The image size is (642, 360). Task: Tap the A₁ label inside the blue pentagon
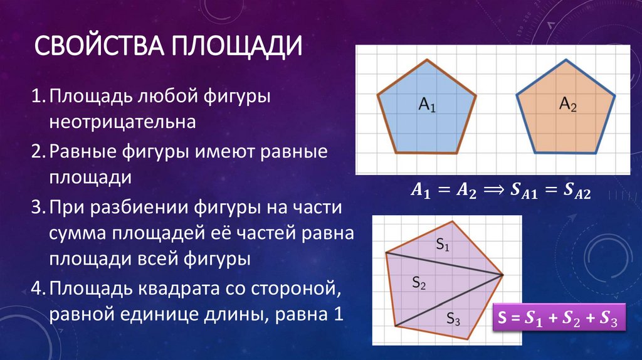point(427,105)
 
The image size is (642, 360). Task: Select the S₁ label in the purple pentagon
point(443,245)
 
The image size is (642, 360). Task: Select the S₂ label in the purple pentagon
point(419,283)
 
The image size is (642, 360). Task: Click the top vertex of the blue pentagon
point(428,60)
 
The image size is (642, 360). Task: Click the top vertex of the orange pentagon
point(567,60)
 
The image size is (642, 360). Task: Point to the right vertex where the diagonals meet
point(502,275)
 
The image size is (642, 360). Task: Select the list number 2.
point(36,153)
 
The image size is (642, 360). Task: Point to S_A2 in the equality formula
point(575,193)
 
